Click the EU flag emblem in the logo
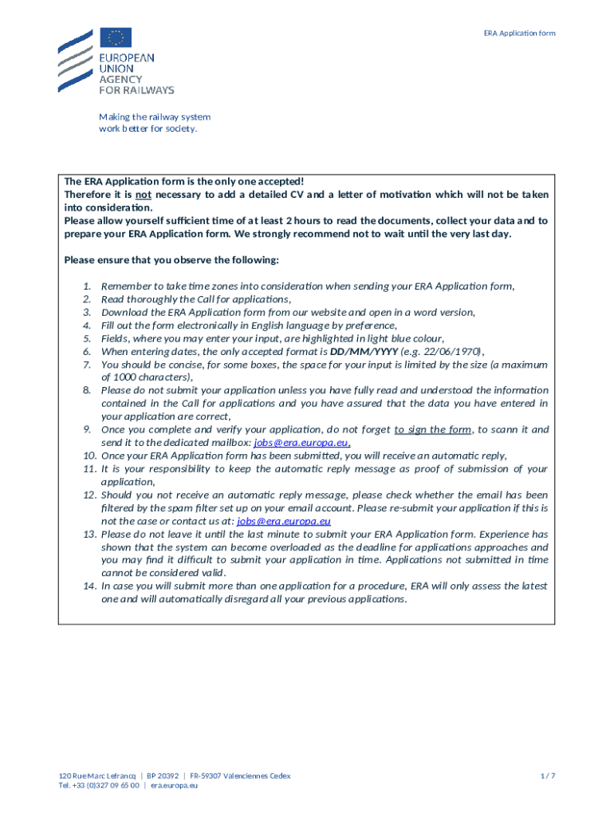116,37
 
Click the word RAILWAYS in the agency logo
148,90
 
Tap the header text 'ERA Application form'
519,33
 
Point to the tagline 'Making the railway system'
155,116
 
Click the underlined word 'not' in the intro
143,195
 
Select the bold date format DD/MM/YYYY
363,351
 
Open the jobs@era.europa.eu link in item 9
301,442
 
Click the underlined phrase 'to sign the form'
433,429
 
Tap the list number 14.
89,586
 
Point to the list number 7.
87,364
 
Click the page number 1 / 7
547,776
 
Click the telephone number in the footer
102,785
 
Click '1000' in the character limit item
124,377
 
